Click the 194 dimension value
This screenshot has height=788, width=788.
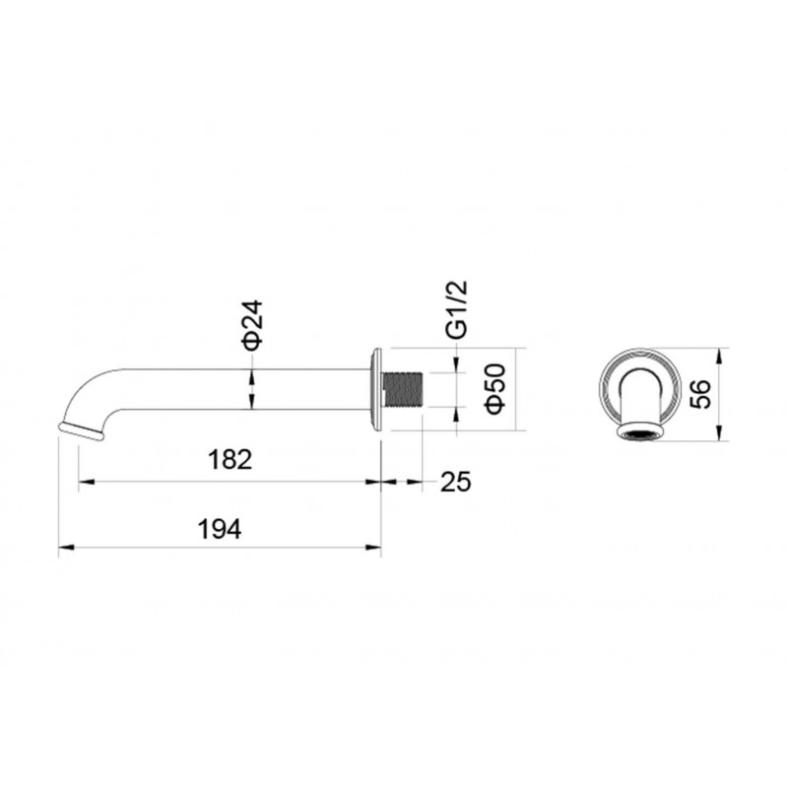tap(220, 529)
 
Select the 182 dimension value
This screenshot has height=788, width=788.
tap(230, 460)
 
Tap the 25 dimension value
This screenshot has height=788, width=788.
tap(456, 482)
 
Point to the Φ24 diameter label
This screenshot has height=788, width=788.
tap(252, 325)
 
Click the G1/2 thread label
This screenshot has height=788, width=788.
tap(457, 308)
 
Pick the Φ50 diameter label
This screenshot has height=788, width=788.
tap(495, 388)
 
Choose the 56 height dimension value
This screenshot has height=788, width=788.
tap(701, 394)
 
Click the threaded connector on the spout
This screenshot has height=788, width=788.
tap(403, 389)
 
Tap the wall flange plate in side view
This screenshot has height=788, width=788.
tap(376, 389)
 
